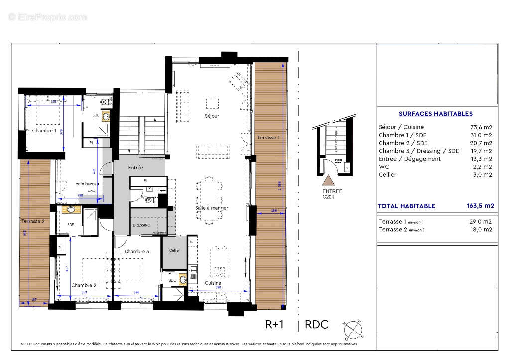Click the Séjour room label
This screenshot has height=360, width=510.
(x=212, y=116)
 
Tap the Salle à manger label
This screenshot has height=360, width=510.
(x=212, y=208)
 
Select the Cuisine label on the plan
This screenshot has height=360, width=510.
(x=213, y=283)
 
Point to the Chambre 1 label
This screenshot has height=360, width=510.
(x=44, y=130)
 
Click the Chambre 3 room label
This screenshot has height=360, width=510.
(x=136, y=251)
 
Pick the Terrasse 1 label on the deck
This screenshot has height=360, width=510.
(x=268, y=137)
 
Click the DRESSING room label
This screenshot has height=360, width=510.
(x=142, y=225)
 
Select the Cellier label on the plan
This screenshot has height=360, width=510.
(x=174, y=250)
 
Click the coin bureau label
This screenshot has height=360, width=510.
(x=87, y=184)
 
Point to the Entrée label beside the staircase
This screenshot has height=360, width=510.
(x=135, y=168)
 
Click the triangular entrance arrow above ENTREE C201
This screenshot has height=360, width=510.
(x=330, y=180)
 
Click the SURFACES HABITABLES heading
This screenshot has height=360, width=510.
(x=435, y=114)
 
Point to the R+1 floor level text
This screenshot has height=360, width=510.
(x=274, y=324)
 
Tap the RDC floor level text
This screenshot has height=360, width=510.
(x=316, y=324)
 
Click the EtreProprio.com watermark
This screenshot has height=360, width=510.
(x=47, y=17)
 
